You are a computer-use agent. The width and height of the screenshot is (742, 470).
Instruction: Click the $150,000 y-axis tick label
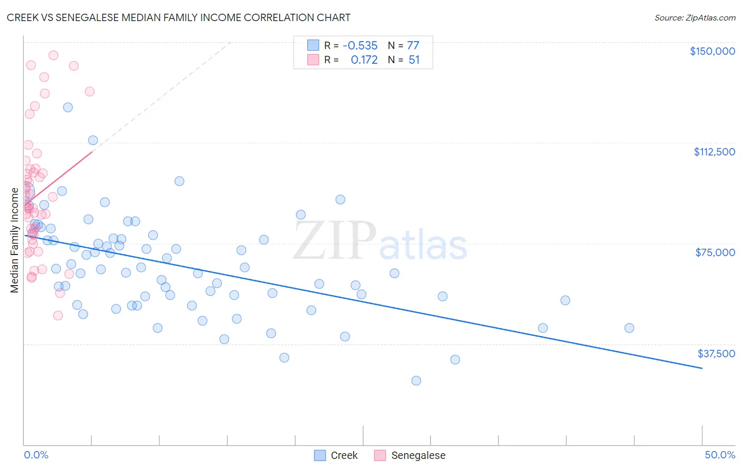point(712,51)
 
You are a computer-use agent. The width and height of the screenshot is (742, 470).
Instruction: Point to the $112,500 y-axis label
point(714,152)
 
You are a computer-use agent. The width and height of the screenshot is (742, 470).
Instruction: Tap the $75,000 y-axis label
point(715,252)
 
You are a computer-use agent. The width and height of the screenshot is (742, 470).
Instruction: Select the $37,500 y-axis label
point(716,354)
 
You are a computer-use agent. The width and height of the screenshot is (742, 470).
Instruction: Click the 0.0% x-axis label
point(36,455)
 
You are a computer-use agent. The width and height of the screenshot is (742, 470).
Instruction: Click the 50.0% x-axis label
point(719,455)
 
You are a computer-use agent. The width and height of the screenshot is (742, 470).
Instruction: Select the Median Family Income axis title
point(15,240)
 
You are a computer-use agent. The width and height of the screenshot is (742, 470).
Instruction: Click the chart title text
point(178,17)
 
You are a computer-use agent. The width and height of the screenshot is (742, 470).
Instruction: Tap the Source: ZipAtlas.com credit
point(695,18)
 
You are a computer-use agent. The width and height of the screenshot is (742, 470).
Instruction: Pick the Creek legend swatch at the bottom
point(320,455)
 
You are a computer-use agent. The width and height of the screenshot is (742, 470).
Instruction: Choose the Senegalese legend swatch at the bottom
point(380,455)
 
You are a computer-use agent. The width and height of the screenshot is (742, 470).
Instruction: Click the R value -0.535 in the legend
point(360,46)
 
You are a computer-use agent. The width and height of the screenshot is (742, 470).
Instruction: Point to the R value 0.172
point(364,60)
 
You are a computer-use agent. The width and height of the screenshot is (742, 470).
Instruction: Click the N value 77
point(413,46)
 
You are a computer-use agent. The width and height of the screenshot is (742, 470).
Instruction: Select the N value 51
point(414,60)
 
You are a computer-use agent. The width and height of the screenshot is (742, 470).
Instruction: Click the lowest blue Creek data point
point(416,380)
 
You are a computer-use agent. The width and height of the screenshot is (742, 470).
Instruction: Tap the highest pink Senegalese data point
point(53,55)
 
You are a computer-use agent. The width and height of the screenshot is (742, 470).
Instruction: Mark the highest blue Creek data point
point(68,107)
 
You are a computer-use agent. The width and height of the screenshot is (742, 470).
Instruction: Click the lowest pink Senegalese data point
point(58,315)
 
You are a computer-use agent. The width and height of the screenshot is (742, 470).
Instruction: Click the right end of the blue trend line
point(702,368)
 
